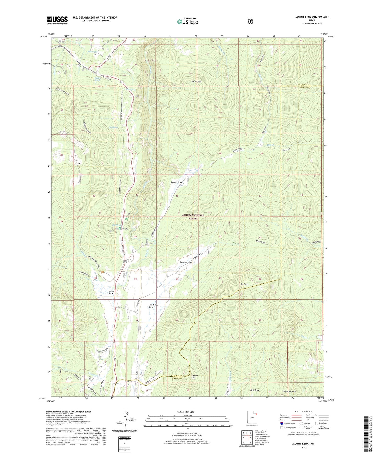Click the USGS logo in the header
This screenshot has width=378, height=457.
click(57, 20)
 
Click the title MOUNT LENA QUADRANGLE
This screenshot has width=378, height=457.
click(312, 17)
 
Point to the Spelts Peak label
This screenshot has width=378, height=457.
click(196, 82)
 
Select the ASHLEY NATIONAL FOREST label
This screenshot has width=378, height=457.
click(193, 217)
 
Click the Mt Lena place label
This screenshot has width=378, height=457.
click(244, 284)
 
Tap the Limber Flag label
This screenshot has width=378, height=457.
click(195, 377)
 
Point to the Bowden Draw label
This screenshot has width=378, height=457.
click(186, 262)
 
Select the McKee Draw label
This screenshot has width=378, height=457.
click(111, 292)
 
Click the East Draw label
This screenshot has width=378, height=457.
click(255, 390)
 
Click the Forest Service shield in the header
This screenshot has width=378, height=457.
click(250, 21)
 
